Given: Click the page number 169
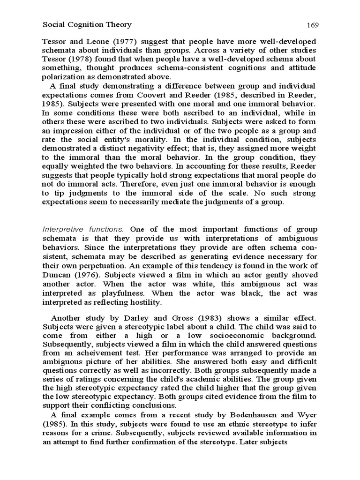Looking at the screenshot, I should point(313,25).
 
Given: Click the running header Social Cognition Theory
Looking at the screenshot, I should point(87,25).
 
